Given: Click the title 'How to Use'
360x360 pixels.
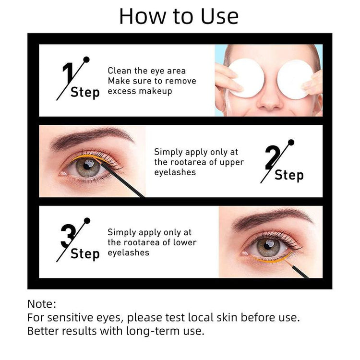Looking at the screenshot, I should click(x=179, y=16).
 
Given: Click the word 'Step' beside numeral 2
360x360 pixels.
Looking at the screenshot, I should click(x=289, y=175).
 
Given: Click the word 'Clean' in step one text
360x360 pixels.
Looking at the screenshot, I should click(x=120, y=71).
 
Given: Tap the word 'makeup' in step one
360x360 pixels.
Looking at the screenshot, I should click(x=156, y=91).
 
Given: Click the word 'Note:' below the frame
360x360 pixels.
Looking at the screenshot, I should click(x=42, y=304).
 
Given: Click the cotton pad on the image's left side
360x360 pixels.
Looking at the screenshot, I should click(x=248, y=78).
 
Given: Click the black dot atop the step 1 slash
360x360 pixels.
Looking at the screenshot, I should click(x=86, y=60).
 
